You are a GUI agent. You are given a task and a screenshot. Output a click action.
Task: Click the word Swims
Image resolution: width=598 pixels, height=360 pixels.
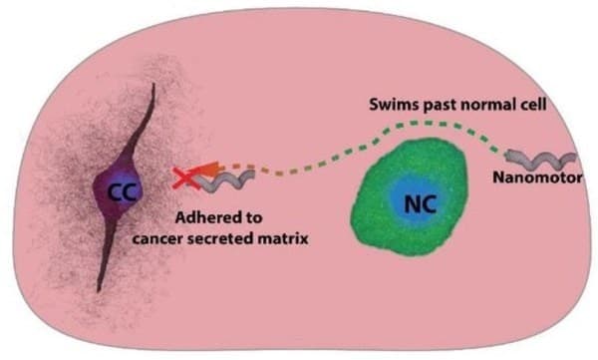385,103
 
